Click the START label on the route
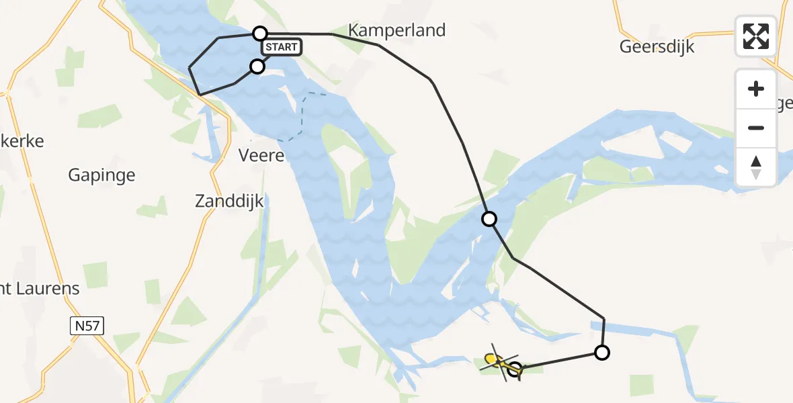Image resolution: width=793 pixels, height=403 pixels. tap(282, 47)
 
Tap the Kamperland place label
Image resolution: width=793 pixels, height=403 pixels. tap(397, 30)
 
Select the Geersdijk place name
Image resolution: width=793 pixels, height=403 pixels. tap(657, 47)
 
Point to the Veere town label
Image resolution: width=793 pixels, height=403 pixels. tap(262, 155)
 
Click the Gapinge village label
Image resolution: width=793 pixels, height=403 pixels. tap(101, 175)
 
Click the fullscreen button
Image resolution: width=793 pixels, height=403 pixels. tap(756, 36)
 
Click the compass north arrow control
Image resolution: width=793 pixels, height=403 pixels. tap(756, 167)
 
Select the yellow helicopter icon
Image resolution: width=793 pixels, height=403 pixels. tap(496, 362)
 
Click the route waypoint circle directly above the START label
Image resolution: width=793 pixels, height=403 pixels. tap(260, 33)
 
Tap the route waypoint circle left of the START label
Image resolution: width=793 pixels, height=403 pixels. tap(257, 66)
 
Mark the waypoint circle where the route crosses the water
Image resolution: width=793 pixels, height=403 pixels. tap(489, 219)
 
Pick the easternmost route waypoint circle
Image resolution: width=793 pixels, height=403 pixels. tap(602, 352)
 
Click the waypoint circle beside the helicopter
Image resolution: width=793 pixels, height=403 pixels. tap(515, 369)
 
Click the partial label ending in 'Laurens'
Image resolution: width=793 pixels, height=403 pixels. tap(40, 289)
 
